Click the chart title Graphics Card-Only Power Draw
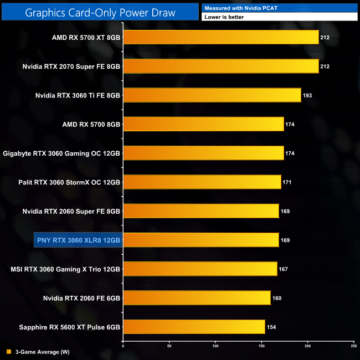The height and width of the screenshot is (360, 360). tap(100, 12)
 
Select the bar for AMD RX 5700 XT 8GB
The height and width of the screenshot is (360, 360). tap(220, 38)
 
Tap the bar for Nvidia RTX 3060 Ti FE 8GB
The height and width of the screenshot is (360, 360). tap(212, 95)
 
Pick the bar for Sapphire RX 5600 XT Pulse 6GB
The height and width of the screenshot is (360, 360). tap(194, 327)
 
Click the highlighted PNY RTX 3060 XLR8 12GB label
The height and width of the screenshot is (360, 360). tap(78, 240)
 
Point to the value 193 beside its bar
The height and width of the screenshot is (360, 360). tap(307, 95)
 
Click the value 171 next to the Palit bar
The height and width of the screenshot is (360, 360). tap(287, 182)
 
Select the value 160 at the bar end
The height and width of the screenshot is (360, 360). tap(277, 298)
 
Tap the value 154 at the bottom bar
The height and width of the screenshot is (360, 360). tap(271, 327)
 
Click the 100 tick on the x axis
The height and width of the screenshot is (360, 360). tap(215, 346)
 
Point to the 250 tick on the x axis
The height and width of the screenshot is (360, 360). tap(353, 346)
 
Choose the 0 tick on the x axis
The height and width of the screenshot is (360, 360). tap(123, 346)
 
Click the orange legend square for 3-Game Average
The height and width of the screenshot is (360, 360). tap(8, 351)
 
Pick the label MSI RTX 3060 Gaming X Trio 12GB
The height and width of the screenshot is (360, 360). tap(65, 269)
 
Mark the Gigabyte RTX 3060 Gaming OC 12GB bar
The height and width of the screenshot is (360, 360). tap(203, 153)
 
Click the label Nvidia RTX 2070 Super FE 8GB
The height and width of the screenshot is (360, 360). tap(71, 66)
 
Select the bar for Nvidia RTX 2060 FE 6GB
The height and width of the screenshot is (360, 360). tap(197, 298)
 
